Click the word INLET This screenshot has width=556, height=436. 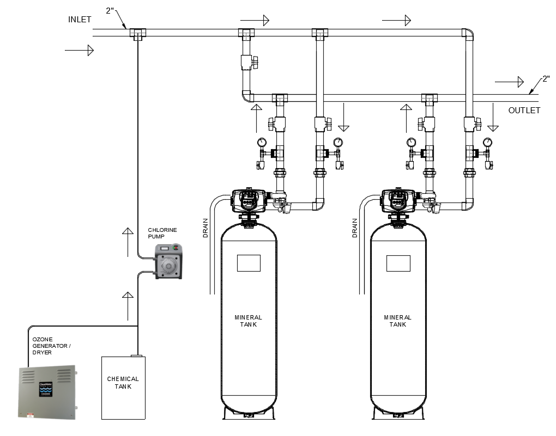[80, 20]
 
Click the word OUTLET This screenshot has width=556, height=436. [524, 110]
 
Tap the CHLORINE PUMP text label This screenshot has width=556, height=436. [162, 234]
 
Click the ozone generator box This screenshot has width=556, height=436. [46, 392]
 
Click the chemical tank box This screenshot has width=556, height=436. [123, 387]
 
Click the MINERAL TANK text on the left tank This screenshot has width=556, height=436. [248, 321]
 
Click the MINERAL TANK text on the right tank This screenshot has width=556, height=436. [398, 321]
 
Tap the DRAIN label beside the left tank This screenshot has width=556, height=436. [206, 229]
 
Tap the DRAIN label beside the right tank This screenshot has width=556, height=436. [355, 229]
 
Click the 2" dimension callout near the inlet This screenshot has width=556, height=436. [112, 10]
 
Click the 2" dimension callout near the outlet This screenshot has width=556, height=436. [545, 80]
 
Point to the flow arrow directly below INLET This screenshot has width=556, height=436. [79, 51]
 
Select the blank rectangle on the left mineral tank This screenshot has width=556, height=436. [249, 263]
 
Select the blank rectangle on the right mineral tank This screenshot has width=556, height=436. [398, 263]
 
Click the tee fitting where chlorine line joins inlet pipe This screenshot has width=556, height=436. [138, 34]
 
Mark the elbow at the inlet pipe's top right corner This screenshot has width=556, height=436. [468, 34]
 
